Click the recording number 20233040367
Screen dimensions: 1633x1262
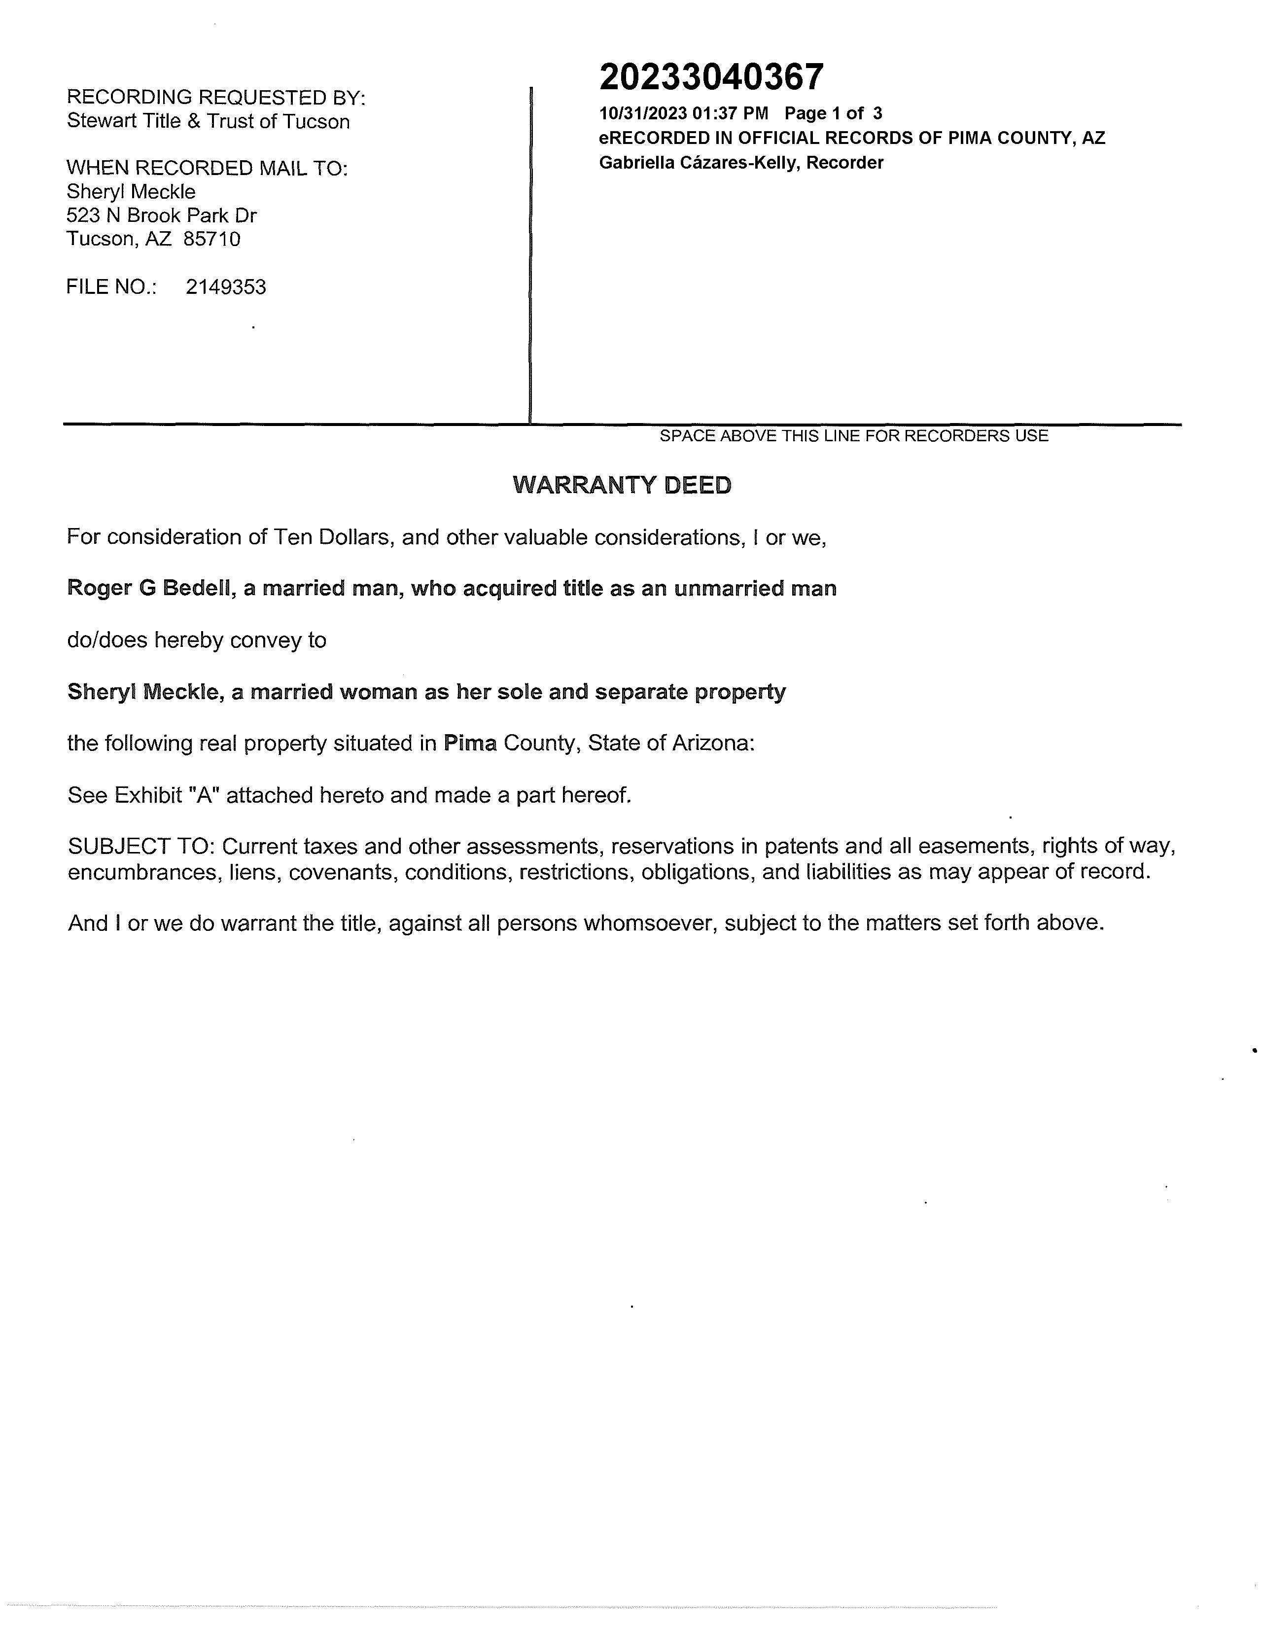(711, 77)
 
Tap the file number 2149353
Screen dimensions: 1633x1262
(226, 287)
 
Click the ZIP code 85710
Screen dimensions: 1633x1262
(212, 239)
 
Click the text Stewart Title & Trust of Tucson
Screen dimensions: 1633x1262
(208, 121)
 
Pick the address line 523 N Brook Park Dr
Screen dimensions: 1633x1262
(162, 215)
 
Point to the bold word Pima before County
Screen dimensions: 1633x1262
(470, 743)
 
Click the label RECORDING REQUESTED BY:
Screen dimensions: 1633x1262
(216, 97)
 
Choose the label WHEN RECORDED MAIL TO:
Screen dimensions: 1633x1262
(207, 168)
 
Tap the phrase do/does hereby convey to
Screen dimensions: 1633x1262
(197, 640)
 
